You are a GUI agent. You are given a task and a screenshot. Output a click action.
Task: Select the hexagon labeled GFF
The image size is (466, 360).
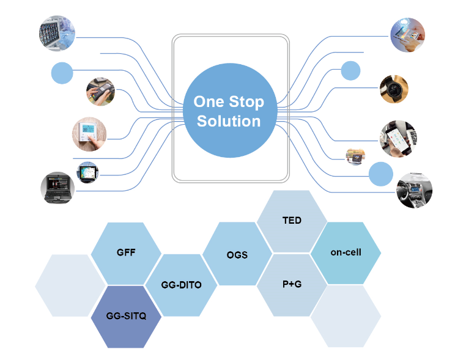point(126,252)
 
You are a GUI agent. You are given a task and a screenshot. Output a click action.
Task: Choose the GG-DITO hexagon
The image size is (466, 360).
point(181,285)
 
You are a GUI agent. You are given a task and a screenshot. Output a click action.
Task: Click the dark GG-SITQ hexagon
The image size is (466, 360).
point(126,316)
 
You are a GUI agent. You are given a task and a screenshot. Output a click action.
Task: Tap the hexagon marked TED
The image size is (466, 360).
point(292,221)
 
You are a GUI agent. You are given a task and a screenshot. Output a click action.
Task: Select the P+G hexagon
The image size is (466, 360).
point(292,285)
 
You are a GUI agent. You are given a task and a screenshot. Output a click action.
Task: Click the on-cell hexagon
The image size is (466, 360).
point(346,252)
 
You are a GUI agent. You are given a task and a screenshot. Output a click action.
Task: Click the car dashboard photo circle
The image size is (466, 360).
point(415,191)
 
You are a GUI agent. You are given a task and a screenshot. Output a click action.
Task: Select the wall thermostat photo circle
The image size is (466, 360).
point(89,132)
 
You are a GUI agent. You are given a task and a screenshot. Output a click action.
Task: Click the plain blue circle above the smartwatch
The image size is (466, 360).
point(350,70)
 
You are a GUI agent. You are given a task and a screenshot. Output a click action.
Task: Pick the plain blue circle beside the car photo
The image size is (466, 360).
point(381,174)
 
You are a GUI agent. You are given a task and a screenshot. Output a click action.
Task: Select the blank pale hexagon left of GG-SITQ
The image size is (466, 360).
point(70,285)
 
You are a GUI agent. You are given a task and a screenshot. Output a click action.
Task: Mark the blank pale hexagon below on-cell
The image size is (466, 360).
point(346,317)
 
